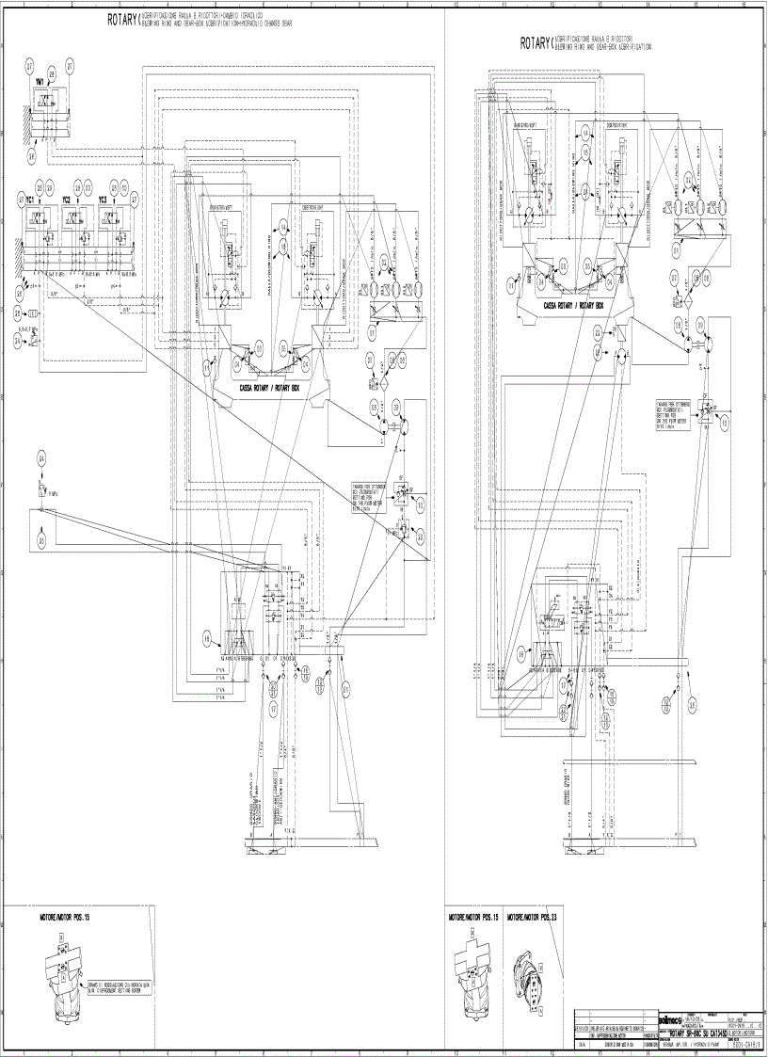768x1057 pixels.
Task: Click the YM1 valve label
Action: (x=40, y=83)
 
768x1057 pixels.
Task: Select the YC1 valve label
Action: (x=31, y=200)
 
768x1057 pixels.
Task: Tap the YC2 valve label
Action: (x=66, y=200)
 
